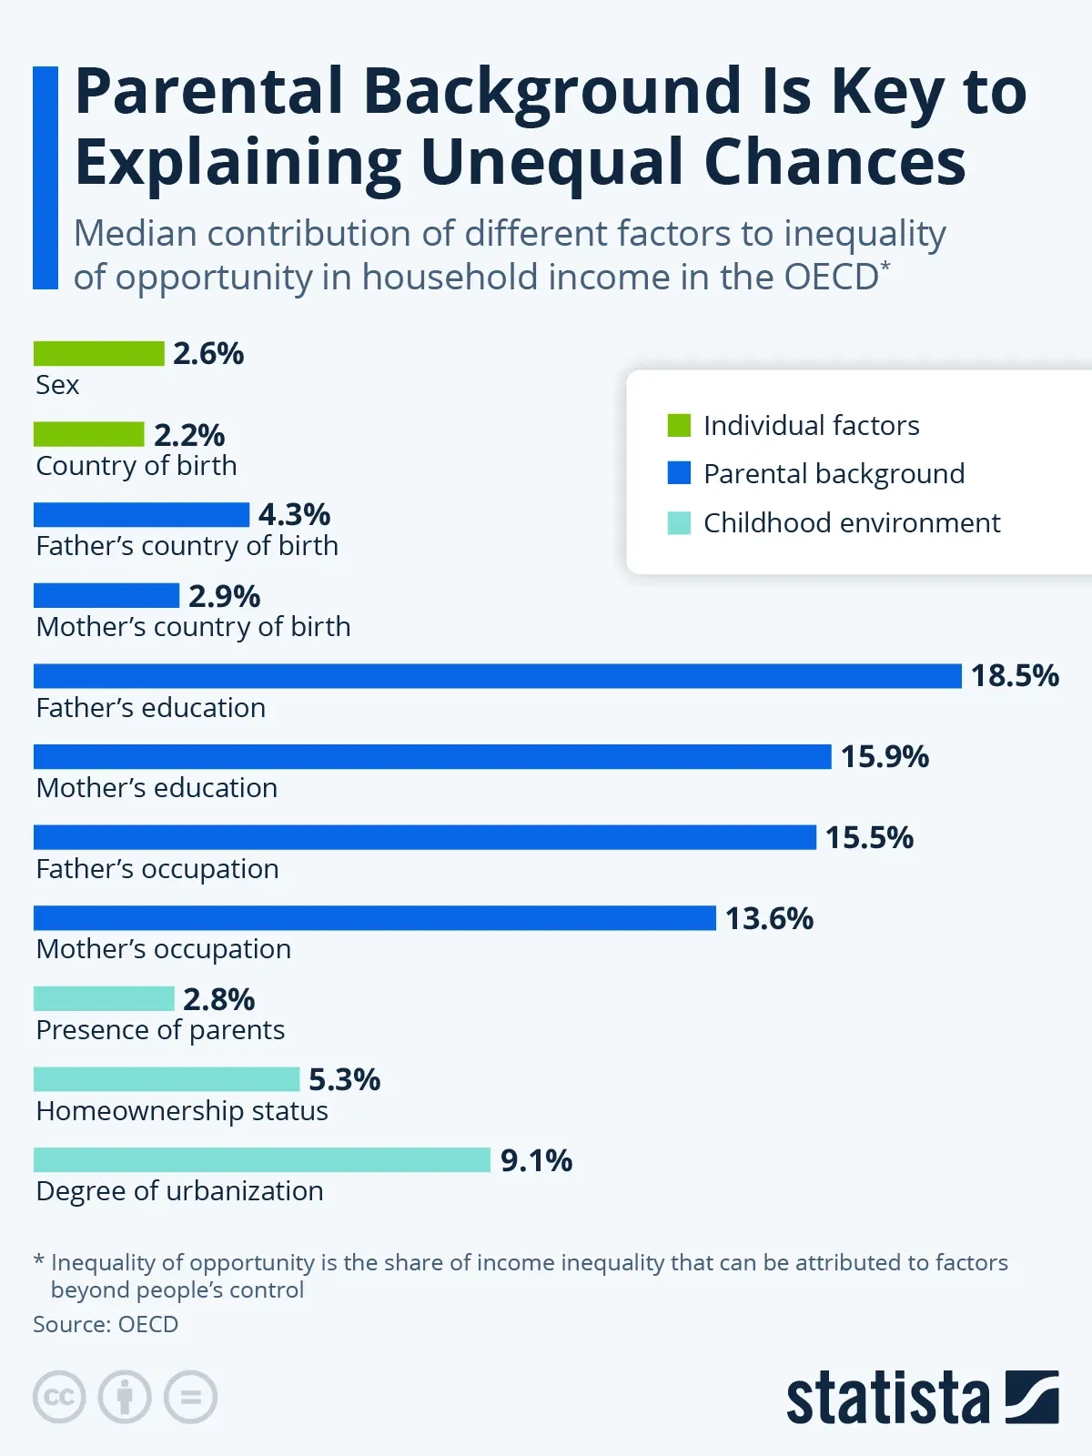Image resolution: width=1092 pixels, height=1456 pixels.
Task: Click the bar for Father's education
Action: tap(497, 676)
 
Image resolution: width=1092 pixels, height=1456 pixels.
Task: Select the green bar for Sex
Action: tap(98, 353)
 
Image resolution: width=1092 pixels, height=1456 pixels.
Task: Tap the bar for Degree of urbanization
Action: tap(262, 1160)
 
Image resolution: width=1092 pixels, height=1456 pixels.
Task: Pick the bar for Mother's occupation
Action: tap(375, 918)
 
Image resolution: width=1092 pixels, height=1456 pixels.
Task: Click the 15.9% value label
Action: tap(885, 757)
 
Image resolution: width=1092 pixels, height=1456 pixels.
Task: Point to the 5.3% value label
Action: tap(344, 1080)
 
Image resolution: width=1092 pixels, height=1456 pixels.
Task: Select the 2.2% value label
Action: tap(189, 435)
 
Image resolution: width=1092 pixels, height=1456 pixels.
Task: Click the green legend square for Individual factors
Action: tap(679, 425)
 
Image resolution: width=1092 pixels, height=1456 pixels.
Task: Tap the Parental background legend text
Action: tap(834, 474)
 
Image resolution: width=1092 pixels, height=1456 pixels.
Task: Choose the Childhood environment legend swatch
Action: tap(679, 523)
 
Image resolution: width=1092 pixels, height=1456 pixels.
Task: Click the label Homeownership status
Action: tap(182, 1111)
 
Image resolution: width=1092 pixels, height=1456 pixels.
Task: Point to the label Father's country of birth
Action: tap(187, 546)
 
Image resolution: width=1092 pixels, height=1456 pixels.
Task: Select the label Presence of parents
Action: tap(160, 1030)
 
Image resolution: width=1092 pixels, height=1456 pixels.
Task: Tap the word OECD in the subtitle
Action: tap(831, 278)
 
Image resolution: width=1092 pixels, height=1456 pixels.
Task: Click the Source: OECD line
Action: tap(106, 1324)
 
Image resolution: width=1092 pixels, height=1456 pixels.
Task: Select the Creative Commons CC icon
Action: tap(59, 1397)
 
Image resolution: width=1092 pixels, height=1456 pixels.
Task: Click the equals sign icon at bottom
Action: tap(190, 1397)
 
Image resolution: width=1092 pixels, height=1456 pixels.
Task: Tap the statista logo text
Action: tap(887, 1399)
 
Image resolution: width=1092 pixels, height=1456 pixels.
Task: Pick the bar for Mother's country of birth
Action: tap(106, 596)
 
